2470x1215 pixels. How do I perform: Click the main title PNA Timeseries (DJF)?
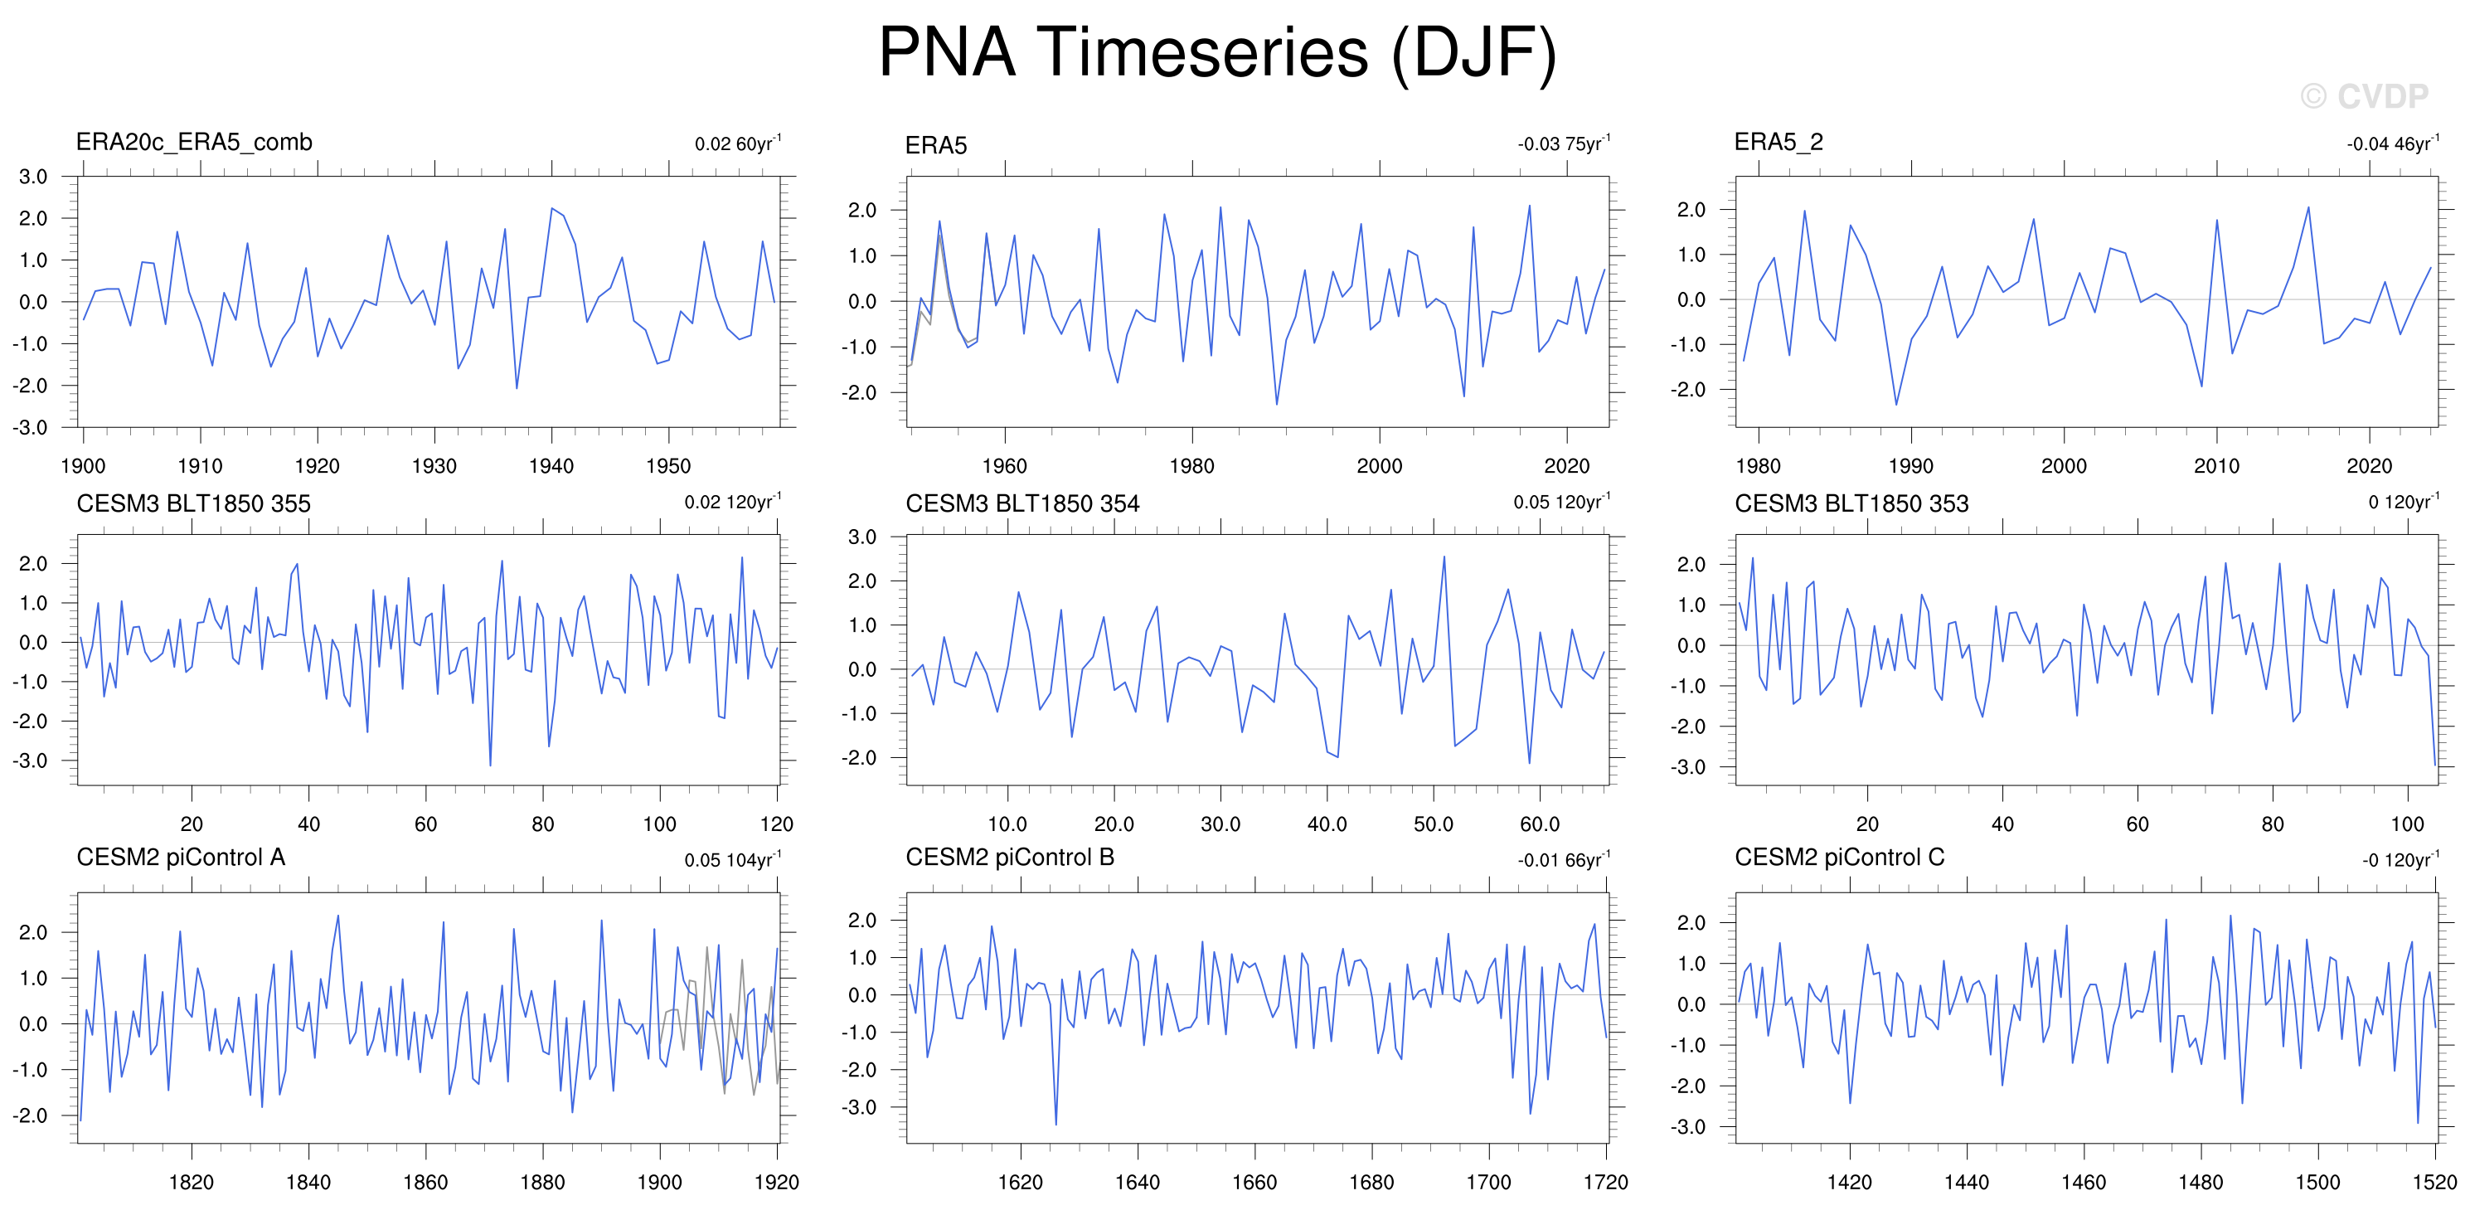[x=1217, y=53]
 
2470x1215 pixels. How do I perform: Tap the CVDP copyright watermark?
[x=2364, y=96]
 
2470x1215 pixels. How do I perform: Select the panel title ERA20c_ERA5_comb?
[x=194, y=142]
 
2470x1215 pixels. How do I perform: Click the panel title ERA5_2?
[x=1778, y=143]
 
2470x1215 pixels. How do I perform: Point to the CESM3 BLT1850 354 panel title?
[x=1022, y=503]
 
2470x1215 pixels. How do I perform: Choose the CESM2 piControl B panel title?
[x=1010, y=857]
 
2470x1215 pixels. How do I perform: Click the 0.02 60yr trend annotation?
[x=738, y=143]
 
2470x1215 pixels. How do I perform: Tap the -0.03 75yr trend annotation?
[x=1564, y=143]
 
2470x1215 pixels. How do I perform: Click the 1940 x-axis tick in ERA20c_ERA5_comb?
[x=551, y=466]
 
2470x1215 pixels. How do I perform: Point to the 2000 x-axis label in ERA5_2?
[x=2064, y=466]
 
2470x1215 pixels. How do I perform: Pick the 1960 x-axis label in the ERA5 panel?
[x=1004, y=466]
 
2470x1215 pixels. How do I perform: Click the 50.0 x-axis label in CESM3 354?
[x=1434, y=824]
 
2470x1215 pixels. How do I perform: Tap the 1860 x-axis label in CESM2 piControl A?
[x=425, y=1182]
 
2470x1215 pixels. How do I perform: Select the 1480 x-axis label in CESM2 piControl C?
[x=2201, y=1182]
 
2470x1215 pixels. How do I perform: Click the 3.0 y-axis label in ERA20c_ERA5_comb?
[x=32, y=177]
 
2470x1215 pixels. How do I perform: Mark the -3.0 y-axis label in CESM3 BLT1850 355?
[x=30, y=761]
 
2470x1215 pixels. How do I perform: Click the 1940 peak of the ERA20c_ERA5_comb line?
[x=551, y=208]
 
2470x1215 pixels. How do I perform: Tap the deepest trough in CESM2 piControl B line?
[x=1055, y=1124]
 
